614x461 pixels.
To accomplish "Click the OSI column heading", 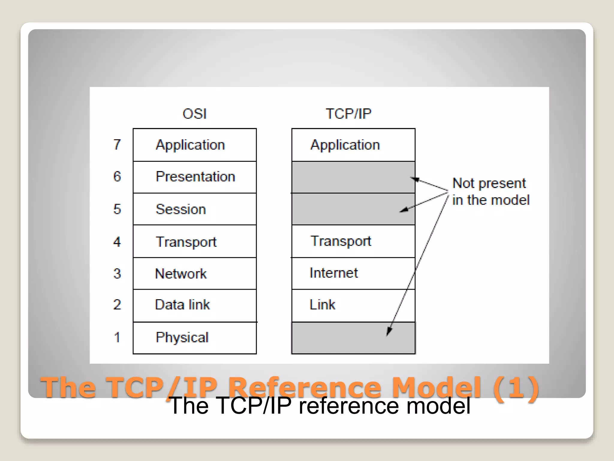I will [x=195, y=114].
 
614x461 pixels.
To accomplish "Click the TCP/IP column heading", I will [x=348, y=114].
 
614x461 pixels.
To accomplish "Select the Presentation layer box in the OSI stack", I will [x=195, y=177].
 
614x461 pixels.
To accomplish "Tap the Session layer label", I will [x=181, y=209].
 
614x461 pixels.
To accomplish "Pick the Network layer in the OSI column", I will [x=195, y=273].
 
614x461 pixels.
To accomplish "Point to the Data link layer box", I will [x=195, y=305].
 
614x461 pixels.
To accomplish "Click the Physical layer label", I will [x=182, y=338].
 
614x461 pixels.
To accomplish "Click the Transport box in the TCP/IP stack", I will [x=353, y=241].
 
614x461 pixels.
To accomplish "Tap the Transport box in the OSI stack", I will [x=195, y=242].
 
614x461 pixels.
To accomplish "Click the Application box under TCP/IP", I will [x=353, y=145].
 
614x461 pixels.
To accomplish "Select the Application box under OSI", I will [x=195, y=145].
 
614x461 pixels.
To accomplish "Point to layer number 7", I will [x=117, y=145].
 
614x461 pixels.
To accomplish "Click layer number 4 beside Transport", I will [x=117, y=242].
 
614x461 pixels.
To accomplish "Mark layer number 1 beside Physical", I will [x=117, y=338].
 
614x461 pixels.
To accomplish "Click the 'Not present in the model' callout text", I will [x=490, y=191].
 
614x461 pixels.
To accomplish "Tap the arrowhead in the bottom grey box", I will [x=389, y=331].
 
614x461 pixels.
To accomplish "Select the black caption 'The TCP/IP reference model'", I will [x=320, y=406].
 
